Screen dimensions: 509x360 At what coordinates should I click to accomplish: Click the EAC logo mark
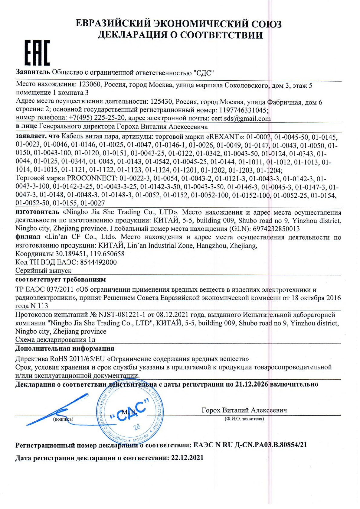pos(37,53)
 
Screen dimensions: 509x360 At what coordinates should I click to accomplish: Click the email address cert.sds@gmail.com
pos(241,118)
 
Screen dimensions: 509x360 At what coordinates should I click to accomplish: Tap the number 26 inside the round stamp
pos(137,426)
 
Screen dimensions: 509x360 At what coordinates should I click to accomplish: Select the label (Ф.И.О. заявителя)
pos(244,419)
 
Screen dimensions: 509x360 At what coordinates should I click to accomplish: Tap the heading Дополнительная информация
pos(65,348)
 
